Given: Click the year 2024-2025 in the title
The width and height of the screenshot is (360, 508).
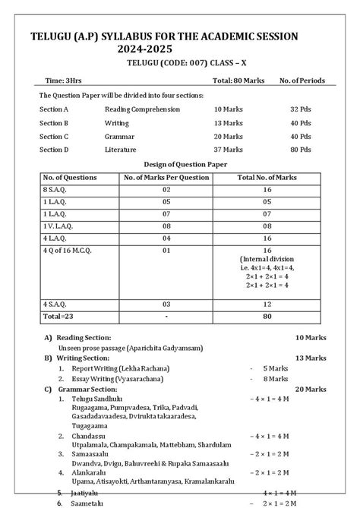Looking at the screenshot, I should [x=149, y=49].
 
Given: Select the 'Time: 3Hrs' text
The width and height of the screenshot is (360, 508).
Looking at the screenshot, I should [x=65, y=80].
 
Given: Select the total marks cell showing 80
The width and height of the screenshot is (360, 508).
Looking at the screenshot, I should [x=267, y=315].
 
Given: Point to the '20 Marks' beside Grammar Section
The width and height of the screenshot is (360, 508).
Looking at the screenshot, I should [x=311, y=389].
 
